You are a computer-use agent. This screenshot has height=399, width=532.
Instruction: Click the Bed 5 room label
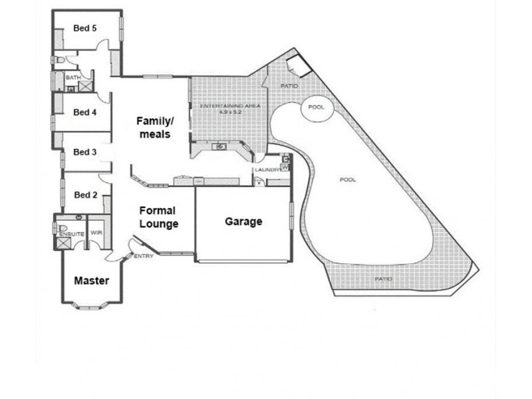[85, 28]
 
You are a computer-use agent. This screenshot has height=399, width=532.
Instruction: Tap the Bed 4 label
[85, 112]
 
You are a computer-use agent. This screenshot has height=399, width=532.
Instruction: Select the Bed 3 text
[85, 152]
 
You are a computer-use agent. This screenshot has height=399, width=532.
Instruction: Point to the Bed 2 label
[85, 195]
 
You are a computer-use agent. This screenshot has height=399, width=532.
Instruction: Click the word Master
[91, 281]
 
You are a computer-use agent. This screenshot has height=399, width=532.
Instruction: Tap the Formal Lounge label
[158, 217]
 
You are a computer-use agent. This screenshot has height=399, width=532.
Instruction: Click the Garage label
[243, 221]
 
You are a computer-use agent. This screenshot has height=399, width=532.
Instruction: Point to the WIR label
[97, 233]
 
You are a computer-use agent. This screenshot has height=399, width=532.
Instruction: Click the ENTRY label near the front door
[144, 257]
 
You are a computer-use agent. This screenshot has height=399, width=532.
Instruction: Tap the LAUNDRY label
[264, 170]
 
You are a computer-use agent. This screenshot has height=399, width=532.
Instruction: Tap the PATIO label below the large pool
[382, 279]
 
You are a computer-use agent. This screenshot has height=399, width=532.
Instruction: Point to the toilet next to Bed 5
[59, 60]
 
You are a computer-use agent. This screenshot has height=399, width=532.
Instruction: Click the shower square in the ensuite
[64, 243]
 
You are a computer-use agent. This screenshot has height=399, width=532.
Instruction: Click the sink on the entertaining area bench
[219, 146]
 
